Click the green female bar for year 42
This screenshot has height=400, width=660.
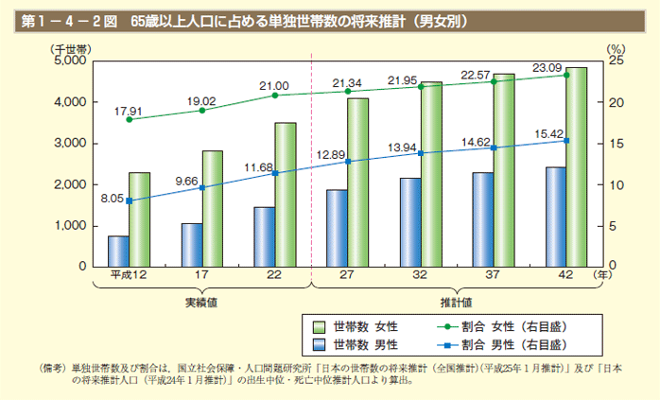click(577, 166)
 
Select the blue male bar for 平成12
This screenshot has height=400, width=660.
click(118, 251)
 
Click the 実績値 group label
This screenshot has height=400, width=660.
click(201, 303)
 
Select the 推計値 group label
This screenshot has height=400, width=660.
click(456, 303)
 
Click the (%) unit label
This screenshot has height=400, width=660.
click(615, 45)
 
